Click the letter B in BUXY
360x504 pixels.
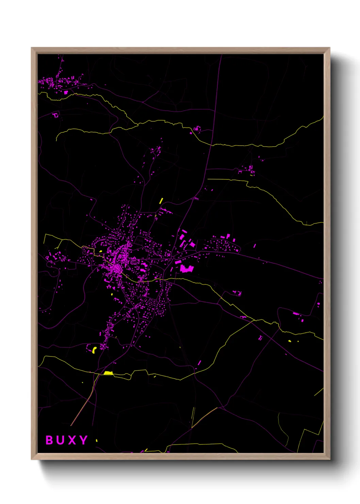pos(50,440)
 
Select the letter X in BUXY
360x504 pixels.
pos(72,440)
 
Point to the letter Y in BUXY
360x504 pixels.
pos(83,440)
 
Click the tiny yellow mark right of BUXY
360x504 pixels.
pos(97,440)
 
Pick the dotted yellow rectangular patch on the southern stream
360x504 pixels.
pos(108,373)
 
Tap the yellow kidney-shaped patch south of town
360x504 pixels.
pos(94,350)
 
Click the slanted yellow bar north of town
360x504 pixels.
pos(161,201)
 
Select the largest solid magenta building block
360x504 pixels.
pos(186,269)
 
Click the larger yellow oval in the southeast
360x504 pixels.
pos(290,341)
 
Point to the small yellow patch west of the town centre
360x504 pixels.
pos(100,251)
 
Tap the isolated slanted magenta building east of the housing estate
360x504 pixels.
pos(255,246)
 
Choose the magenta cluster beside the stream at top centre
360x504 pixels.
pos(197,129)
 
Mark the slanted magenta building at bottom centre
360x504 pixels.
pos(199,363)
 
